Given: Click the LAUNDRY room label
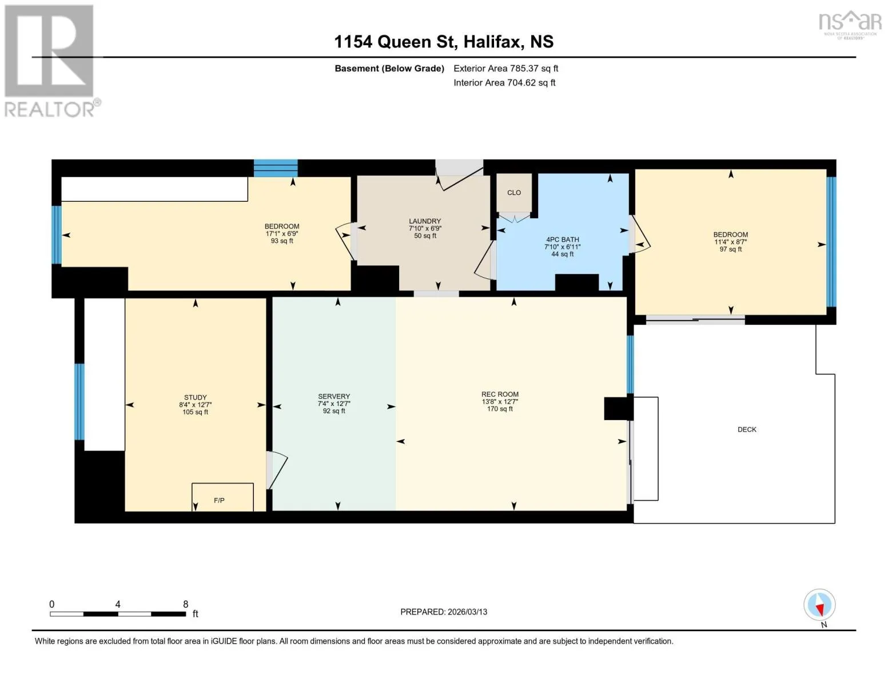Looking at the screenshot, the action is [x=425, y=221].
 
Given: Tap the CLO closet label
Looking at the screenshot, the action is [x=514, y=193].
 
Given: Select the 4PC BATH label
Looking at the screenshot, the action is [x=562, y=240].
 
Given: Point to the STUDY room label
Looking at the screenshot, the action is [x=196, y=397].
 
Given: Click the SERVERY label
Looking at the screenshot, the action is [x=334, y=396].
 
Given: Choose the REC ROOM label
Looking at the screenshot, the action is [x=500, y=394].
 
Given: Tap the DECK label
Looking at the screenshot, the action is [x=747, y=429].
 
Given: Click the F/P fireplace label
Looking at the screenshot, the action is [x=219, y=501].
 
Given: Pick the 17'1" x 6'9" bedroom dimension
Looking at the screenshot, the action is [x=282, y=234].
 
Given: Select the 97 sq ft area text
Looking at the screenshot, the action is [x=731, y=249].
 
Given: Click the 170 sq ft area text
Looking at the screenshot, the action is [x=500, y=409].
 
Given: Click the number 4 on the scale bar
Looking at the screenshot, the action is [x=118, y=604].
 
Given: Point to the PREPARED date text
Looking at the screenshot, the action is [x=444, y=612].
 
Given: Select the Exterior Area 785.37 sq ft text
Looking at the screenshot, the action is [x=506, y=69].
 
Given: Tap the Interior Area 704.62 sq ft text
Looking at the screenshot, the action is [x=504, y=83].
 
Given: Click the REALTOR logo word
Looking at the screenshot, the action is [x=49, y=110].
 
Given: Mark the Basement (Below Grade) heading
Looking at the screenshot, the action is [x=389, y=69].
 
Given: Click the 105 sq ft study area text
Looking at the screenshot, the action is [x=196, y=412].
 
